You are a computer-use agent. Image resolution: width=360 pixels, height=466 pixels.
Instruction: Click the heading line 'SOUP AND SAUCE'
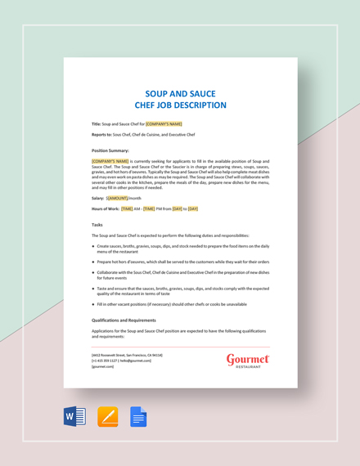click(x=180, y=94)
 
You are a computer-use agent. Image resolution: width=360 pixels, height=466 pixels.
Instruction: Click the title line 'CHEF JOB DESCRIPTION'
click(x=180, y=105)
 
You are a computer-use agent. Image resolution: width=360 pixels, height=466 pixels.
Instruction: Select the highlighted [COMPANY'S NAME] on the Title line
click(x=164, y=123)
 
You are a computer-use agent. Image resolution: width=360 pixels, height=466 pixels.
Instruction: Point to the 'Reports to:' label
click(x=101, y=134)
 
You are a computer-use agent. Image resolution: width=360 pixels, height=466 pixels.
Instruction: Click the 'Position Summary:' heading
click(x=110, y=150)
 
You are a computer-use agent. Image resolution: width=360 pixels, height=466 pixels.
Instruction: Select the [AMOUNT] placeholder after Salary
click(x=117, y=198)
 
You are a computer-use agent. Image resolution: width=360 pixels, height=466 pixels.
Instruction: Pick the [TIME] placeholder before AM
click(x=127, y=208)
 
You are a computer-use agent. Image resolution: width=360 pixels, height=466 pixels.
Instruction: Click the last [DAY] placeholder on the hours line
click(x=192, y=208)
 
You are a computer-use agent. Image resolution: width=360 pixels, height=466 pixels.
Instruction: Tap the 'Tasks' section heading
click(x=97, y=224)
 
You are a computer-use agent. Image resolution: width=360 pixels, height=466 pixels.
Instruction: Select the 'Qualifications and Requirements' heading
click(x=124, y=320)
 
